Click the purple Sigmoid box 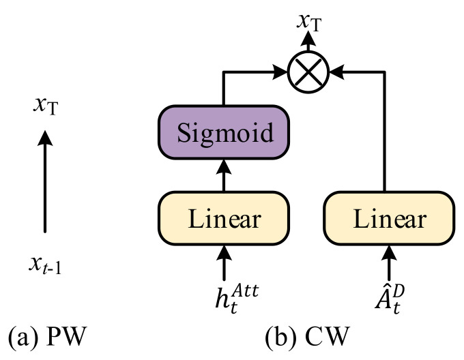pos(224,132)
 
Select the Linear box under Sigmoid pos(224,218)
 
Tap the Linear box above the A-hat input pos(389,218)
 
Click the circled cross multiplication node pos(308,72)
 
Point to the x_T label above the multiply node pos(309,22)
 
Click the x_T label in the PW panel pos(46,106)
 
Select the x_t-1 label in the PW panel pos(45,265)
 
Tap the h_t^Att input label pos(237,299)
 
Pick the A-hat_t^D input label pos(390,299)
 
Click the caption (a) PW pos(47,337)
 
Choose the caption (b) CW pos(308,337)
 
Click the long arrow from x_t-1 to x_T pos(45,181)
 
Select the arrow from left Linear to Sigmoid pos(224,175)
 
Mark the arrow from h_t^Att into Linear pos(224,262)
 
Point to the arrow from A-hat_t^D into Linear pos(389,262)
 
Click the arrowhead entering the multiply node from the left pos(280,72)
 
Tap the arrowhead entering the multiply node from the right pos(337,72)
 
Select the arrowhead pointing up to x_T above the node pos(308,39)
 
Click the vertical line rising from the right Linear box pos(384,132)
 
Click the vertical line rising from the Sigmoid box pos(223,88)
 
